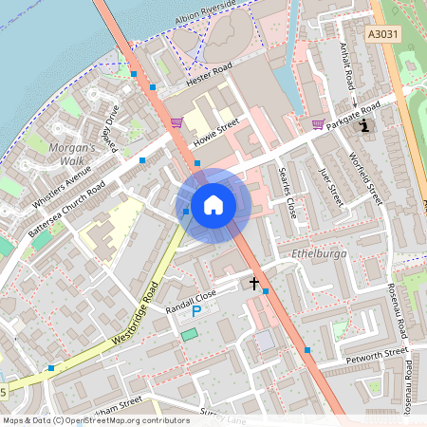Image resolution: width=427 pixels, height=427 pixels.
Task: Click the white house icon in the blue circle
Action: (213, 204)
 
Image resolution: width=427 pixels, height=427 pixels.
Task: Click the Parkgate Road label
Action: (352, 116)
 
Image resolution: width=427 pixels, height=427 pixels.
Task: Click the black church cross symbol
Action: (254, 283)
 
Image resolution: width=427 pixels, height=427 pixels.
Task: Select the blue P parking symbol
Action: (196, 310)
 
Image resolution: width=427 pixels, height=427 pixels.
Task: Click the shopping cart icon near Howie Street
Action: (176, 122)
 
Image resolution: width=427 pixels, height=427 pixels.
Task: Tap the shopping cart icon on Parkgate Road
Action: (318, 123)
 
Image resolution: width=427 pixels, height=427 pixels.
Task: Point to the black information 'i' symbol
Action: (366, 124)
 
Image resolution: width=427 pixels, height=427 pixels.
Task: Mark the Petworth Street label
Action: (377, 357)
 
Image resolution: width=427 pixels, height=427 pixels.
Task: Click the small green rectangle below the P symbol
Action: (191, 334)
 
